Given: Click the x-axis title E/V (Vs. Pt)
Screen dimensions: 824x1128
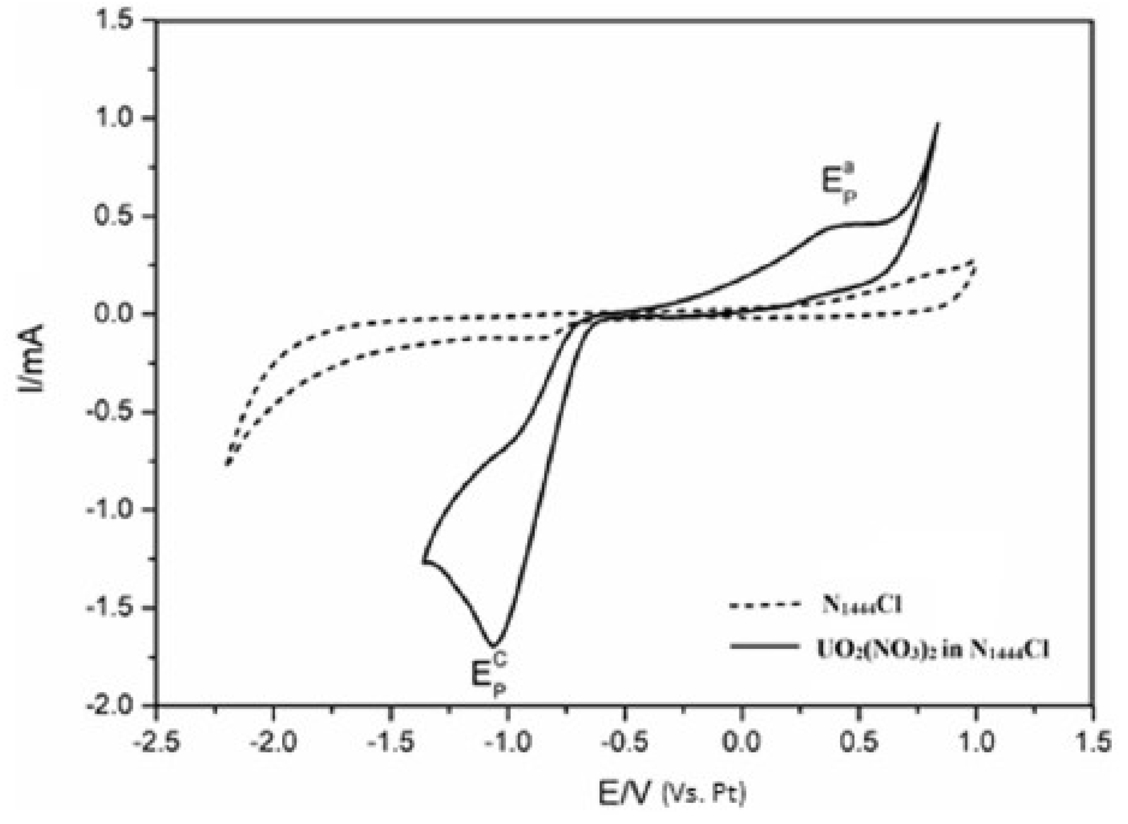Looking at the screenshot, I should (672, 793).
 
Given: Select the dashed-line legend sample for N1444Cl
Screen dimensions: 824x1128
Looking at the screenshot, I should (764, 605).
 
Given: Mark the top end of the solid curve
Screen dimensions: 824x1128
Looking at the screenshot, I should (938, 123).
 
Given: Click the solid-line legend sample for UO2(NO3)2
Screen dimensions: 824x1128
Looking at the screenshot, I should (764, 646).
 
